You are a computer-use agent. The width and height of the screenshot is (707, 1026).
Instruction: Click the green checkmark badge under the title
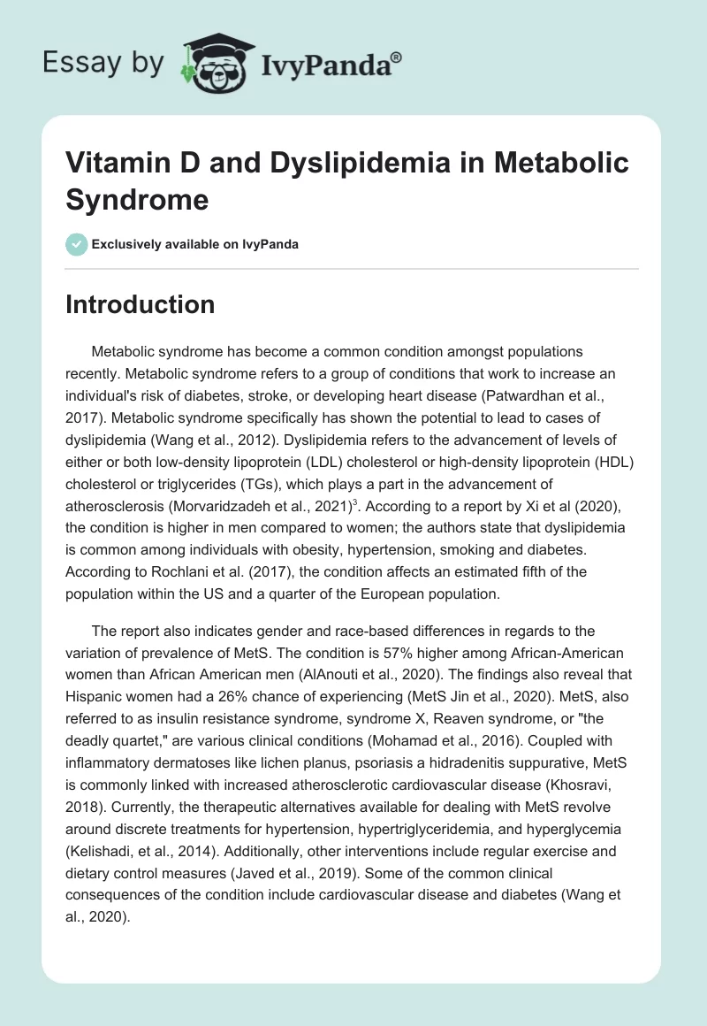(77, 244)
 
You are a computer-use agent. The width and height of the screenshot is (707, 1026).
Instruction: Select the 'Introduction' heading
(141, 304)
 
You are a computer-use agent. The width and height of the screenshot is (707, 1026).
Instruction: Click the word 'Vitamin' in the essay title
(114, 163)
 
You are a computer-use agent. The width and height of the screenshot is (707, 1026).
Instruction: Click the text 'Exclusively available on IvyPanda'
(195, 244)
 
